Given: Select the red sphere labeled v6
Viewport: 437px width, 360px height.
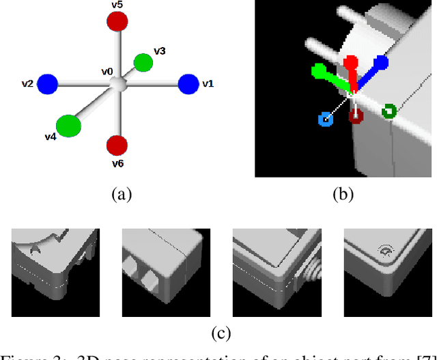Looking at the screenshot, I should [x=117, y=145].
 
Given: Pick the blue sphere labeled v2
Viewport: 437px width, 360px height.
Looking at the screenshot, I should [x=47, y=84].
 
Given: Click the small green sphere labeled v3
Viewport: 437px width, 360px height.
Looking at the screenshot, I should [x=143, y=63].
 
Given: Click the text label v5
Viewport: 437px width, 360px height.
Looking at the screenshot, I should [x=117, y=5].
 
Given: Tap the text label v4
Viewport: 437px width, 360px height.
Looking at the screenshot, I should [x=50, y=137].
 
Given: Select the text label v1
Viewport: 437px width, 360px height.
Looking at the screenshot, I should [x=208, y=83].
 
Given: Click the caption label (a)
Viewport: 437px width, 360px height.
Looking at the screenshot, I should [x=121, y=194].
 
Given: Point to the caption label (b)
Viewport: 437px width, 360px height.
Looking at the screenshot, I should [x=343, y=194].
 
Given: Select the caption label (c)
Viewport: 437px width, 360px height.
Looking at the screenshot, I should [x=221, y=333].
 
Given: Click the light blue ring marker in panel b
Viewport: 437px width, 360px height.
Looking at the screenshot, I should [x=326, y=120].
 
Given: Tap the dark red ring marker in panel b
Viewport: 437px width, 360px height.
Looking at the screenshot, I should [x=356, y=116].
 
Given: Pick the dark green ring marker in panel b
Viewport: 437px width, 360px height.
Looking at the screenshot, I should [x=389, y=111].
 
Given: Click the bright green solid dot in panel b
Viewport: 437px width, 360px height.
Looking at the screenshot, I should [x=318, y=70].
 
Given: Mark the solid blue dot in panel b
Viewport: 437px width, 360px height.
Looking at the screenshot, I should [x=381, y=64].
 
